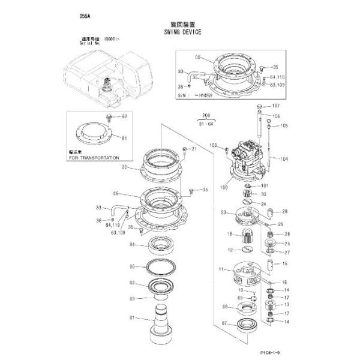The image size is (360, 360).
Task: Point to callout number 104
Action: coord(284,159)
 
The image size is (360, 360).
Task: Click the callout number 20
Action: coord(125,167)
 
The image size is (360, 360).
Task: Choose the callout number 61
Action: coord(125,139)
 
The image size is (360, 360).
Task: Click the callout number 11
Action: coord(221,269)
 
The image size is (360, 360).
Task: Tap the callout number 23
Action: coord(223,212)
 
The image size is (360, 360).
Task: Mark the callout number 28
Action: coord(285,211)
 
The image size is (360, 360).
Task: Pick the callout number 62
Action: coord(125,116)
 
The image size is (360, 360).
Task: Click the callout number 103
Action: coord(212,146)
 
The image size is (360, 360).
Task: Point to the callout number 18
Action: coord(229,233)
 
